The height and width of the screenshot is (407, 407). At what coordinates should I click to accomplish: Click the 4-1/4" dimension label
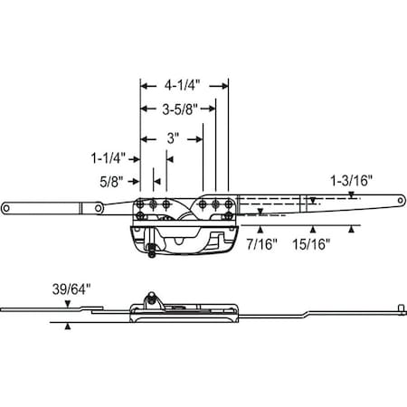[184, 86]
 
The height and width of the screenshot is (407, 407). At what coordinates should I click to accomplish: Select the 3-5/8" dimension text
[179, 110]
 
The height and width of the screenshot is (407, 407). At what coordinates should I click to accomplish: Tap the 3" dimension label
[172, 138]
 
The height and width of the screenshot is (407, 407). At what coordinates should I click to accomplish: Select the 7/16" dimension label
[262, 243]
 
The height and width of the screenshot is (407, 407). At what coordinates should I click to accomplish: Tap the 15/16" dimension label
[313, 243]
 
